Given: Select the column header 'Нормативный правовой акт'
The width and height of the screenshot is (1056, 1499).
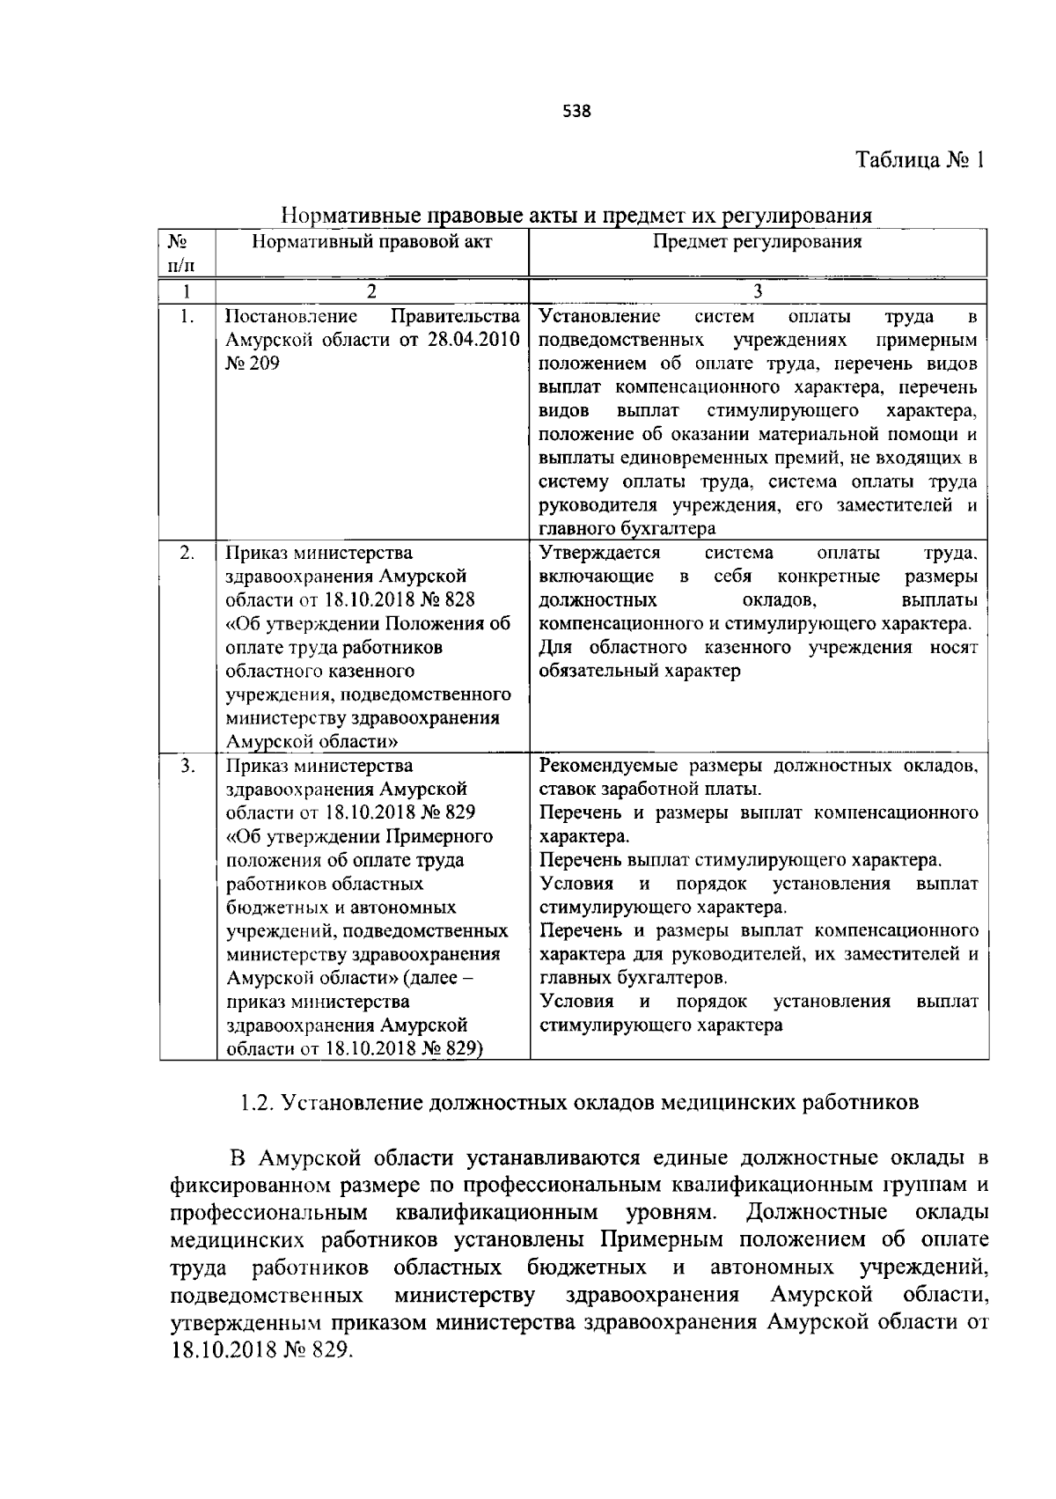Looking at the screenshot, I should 371,242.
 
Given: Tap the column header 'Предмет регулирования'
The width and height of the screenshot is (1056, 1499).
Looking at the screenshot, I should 757,242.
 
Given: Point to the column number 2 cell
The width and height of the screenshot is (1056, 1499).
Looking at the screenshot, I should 371,291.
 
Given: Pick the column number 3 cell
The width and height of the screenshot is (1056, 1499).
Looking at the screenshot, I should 758,291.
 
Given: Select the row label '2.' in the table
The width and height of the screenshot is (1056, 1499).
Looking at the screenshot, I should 187,554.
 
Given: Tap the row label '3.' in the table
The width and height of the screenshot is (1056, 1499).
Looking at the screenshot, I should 187,766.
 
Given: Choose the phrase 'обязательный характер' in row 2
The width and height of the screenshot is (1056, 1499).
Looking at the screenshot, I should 640,671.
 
